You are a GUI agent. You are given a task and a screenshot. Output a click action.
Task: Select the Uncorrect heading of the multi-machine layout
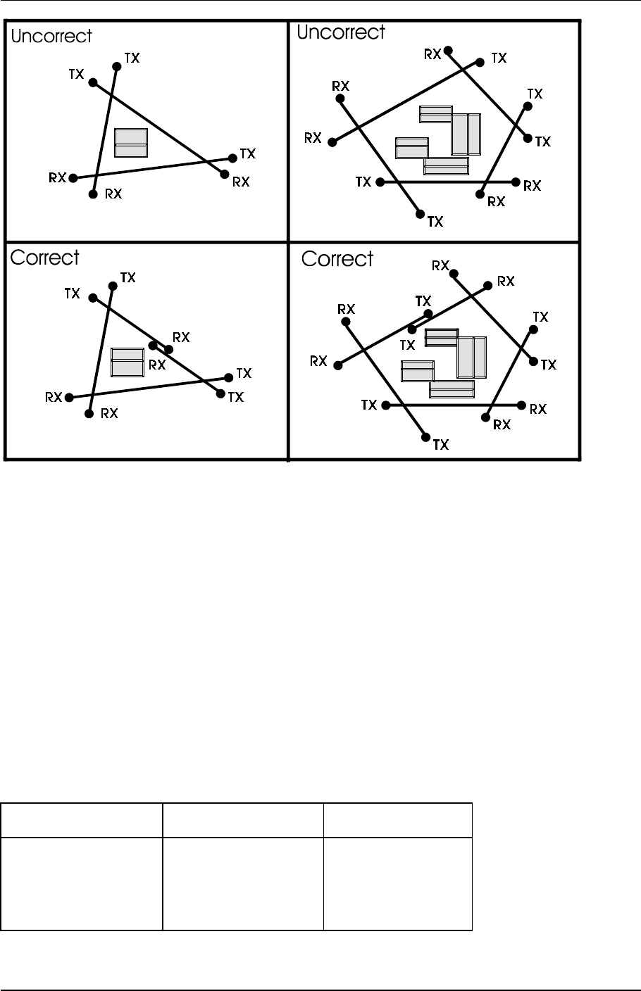[x=341, y=33]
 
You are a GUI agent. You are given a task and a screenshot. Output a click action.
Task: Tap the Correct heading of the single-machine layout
[x=45, y=258]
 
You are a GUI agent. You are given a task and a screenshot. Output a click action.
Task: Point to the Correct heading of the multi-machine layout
[x=337, y=260]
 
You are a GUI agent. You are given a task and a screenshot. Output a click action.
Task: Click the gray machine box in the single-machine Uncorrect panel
[x=131, y=143]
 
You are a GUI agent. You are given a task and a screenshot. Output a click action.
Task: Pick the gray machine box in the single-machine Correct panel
[x=127, y=362]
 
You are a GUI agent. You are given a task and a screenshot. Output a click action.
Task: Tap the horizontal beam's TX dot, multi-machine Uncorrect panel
[x=380, y=182]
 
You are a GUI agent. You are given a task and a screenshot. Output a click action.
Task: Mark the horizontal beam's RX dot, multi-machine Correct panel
[x=521, y=405]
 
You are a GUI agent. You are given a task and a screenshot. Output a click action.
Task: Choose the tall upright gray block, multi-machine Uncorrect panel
[x=466, y=134]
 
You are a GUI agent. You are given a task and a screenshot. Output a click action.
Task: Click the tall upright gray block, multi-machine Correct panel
[x=471, y=358]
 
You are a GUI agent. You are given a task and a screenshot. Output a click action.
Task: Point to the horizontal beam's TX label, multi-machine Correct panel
[x=369, y=405]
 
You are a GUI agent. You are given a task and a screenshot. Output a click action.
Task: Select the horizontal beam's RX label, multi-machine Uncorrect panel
[x=532, y=186]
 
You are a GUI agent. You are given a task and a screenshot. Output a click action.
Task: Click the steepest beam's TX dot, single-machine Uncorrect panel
[x=117, y=66]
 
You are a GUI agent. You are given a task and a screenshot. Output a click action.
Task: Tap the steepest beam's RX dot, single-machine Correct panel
[x=89, y=414]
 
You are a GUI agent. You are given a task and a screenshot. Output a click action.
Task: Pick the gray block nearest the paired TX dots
[x=442, y=337]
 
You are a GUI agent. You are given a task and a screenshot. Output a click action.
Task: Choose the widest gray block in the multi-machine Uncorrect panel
[x=446, y=166]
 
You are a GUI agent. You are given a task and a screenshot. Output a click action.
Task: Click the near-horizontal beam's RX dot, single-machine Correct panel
[x=69, y=398]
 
